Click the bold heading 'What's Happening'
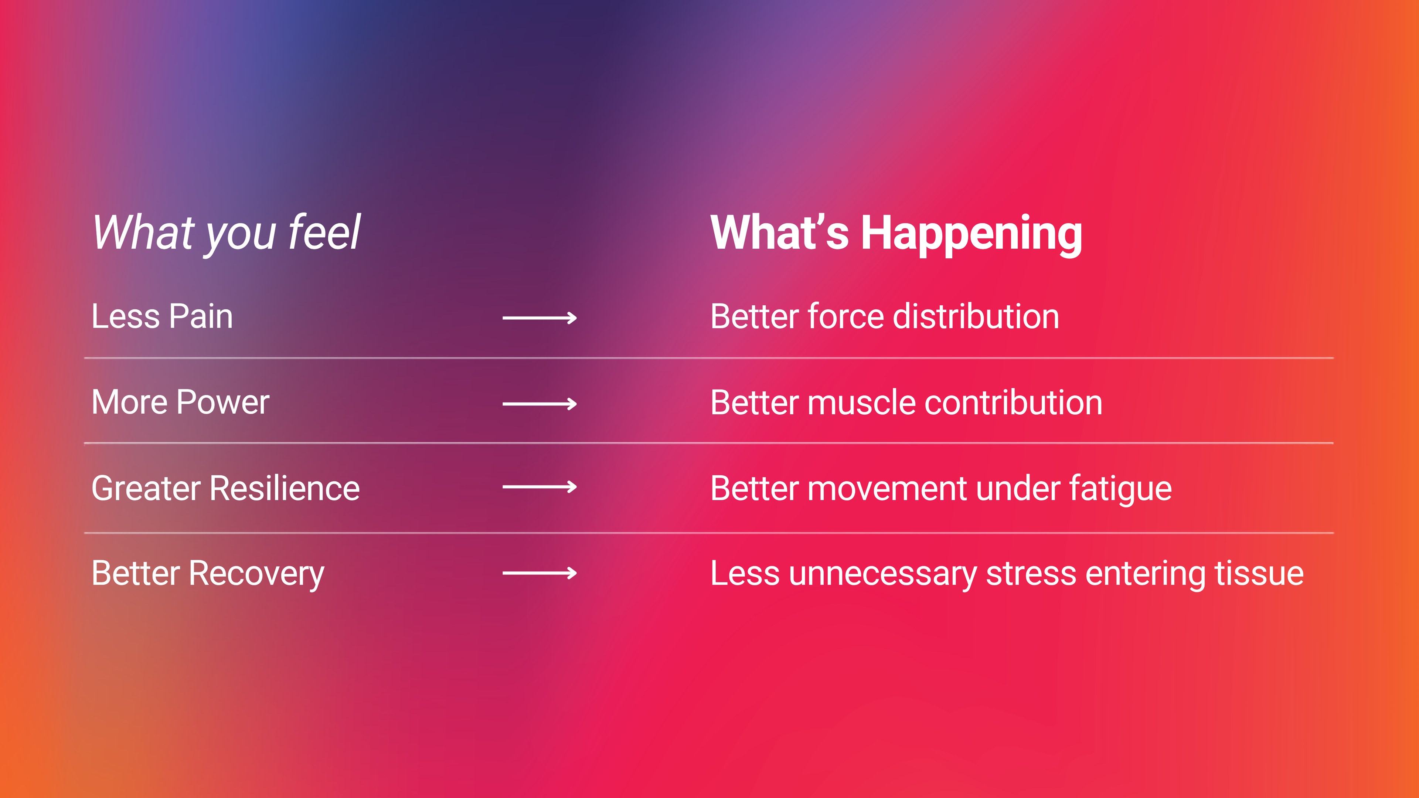(x=896, y=234)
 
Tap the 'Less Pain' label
(x=162, y=316)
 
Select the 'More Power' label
(x=180, y=402)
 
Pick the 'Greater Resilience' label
(x=225, y=488)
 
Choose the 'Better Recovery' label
(x=208, y=574)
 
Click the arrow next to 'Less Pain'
(x=539, y=318)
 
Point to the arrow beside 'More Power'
(x=539, y=404)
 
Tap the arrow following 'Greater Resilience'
(x=539, y=487)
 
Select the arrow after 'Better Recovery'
(x=539, y=573)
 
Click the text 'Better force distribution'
(x=885, y=316)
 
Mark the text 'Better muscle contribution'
(x=906, y=402)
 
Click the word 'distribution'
(x=976, y=316)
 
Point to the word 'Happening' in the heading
(x=972, y=235)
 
